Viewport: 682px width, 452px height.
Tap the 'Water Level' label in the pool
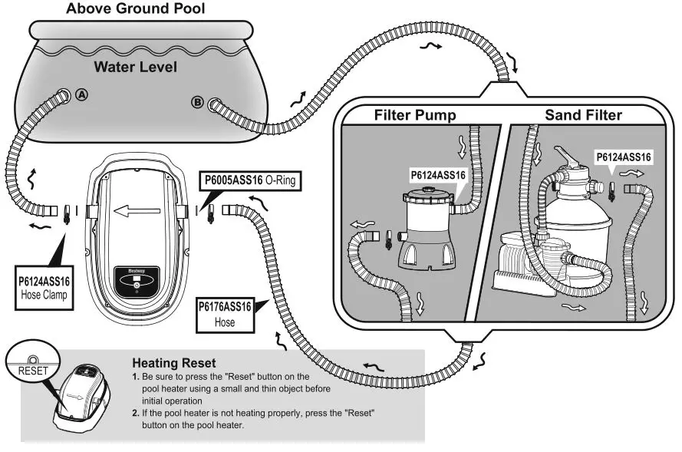tap(135, 67)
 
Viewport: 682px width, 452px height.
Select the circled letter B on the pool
tap(197, 103)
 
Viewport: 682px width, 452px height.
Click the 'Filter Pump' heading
tap(415, 116)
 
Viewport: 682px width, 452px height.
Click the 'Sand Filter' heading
tap(583, 116)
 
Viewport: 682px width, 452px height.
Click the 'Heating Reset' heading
tap(173, 363)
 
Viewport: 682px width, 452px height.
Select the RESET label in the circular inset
tap(33, 370)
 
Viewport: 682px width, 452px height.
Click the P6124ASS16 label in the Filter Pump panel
tap(438, 175)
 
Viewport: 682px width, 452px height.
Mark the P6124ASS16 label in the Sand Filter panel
tap(624, 157)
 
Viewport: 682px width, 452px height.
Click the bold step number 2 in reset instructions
tap(135, 413)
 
